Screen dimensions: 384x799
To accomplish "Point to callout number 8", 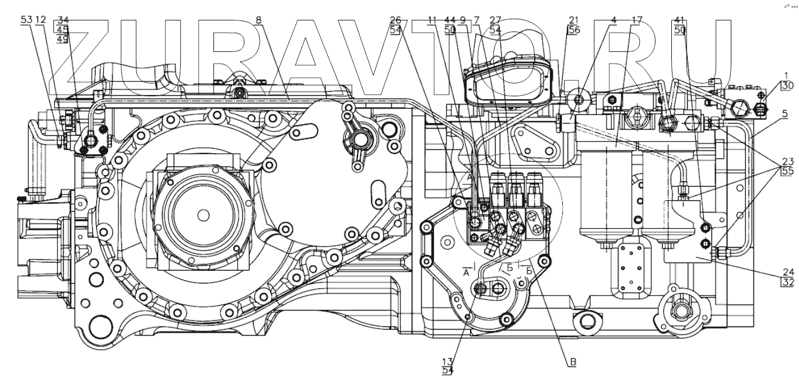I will click(x=258, y=20).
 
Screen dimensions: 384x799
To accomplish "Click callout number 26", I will click(x=396, y=20).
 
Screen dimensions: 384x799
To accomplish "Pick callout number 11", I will click(x=432, y=20).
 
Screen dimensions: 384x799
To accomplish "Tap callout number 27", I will click(x=495, y=20).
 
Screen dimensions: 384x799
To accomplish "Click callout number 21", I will click(x=573, y=20).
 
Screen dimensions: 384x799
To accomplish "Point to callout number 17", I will click(x=637, y=20).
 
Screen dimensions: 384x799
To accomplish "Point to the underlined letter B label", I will click(x=573, y=362).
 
